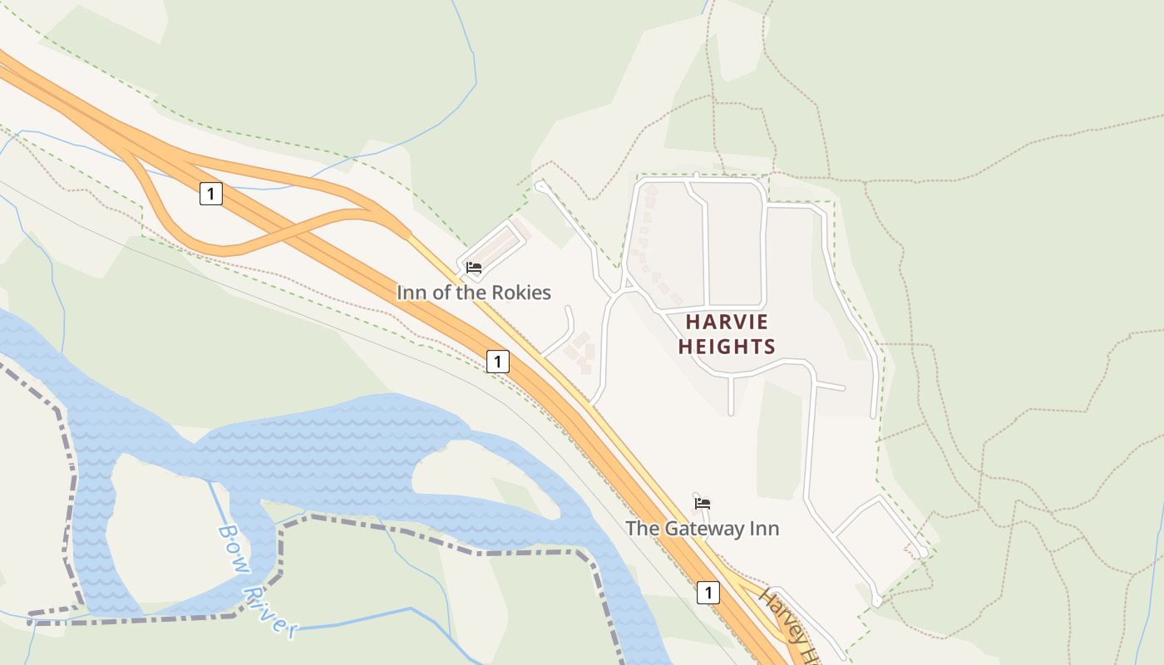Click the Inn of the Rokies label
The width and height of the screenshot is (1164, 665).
(x=473, y=293)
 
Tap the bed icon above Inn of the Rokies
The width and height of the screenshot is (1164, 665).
(x=474, y=268)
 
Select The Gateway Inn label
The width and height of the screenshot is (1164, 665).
(x=703, y=528)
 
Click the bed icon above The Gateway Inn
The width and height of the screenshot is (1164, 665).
(x=703, y=503)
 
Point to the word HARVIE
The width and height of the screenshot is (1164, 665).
(x=727, y=323)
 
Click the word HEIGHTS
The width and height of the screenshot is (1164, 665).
(x=727, y=347)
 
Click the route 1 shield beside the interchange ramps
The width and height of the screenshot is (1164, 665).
(x=211, y=195)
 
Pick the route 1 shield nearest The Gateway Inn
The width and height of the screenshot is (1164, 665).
(x=708, y=593)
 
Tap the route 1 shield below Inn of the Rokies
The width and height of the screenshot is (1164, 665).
(x=497, y=362)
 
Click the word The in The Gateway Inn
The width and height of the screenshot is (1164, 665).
(x=641, y=528)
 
